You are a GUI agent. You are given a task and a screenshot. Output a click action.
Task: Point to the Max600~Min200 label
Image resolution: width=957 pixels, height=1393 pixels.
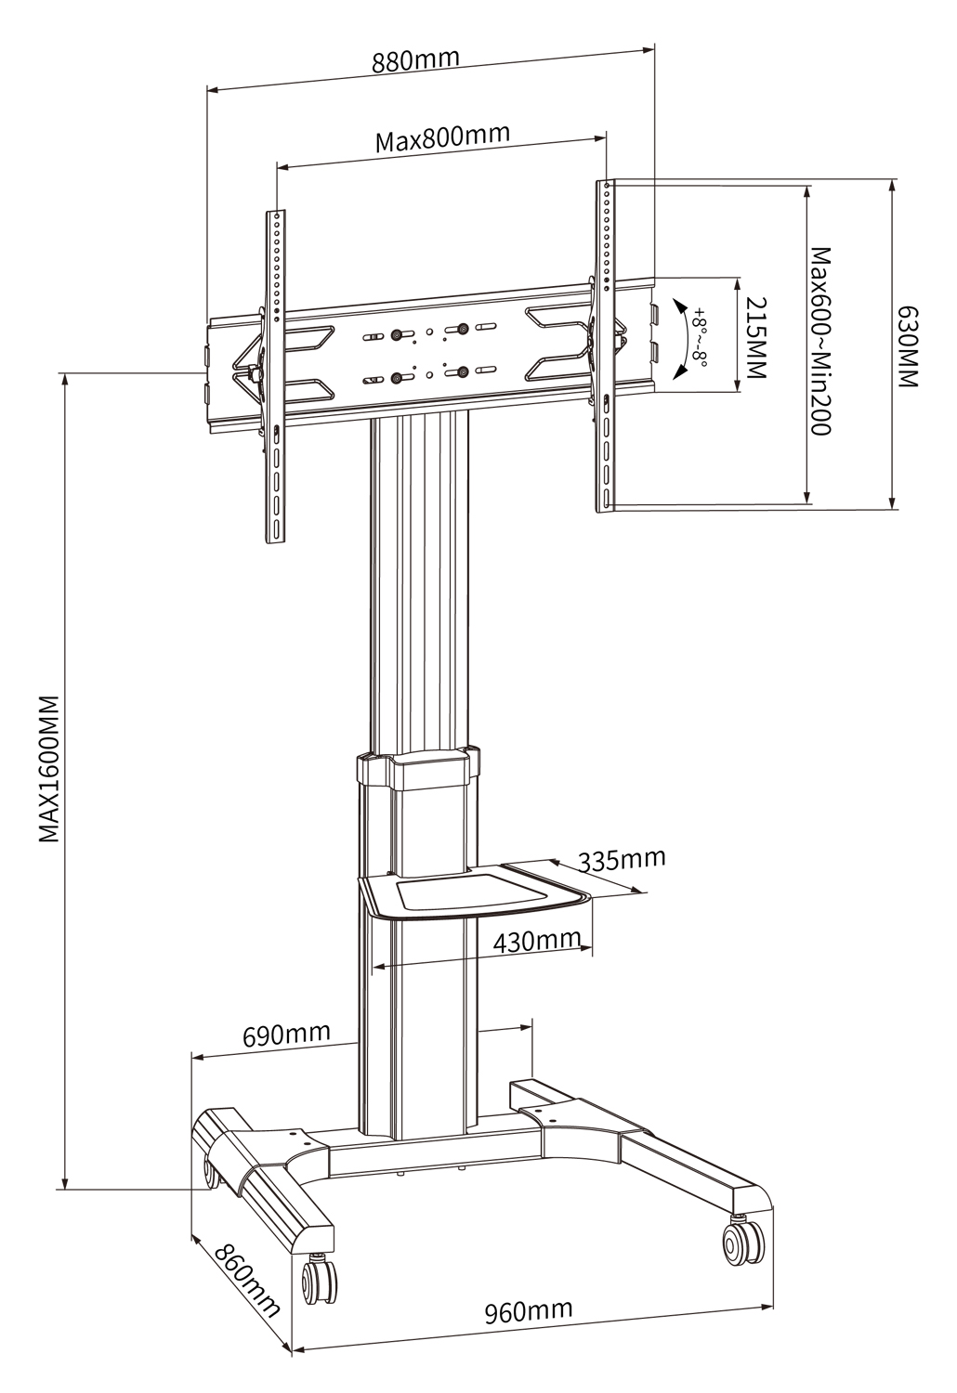click(819, 341)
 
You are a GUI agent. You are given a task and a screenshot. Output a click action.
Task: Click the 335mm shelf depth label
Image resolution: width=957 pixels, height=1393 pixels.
click(622, 859)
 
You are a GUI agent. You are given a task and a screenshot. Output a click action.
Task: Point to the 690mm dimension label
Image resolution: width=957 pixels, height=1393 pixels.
click(286, 1034)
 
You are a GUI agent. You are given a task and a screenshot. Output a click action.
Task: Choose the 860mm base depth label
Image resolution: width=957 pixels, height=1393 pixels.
click(247, 1279)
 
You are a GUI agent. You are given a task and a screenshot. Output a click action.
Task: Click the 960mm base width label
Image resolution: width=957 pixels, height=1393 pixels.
click(528, 1311)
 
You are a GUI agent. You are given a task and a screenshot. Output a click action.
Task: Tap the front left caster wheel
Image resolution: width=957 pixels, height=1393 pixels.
click(320, 1282)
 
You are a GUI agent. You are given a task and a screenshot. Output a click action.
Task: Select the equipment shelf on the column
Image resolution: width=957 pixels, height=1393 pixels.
click(474, 892)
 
